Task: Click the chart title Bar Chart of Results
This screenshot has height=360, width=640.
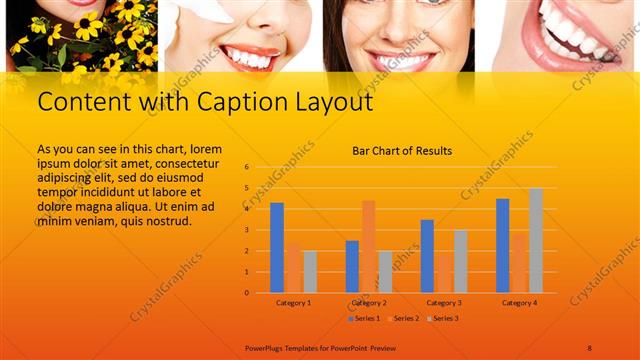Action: click(402, 151)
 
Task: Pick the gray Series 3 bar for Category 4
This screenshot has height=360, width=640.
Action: click(536, 240)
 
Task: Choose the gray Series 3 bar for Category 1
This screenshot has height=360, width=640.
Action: click(310, 271)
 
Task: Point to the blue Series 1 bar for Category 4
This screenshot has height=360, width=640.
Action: click(502, 245)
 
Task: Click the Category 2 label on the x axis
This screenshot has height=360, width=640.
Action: click(369, 302)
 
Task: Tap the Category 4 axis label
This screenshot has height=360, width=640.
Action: click(519, 302)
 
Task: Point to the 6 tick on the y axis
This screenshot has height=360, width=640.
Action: click(247, 167)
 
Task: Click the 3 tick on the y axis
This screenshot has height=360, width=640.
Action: click(247, 230)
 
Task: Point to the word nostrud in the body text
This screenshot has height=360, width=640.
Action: click(167, 221)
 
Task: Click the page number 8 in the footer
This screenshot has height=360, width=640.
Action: click(590, 347)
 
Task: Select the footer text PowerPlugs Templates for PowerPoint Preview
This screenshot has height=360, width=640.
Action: click(320, 347)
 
